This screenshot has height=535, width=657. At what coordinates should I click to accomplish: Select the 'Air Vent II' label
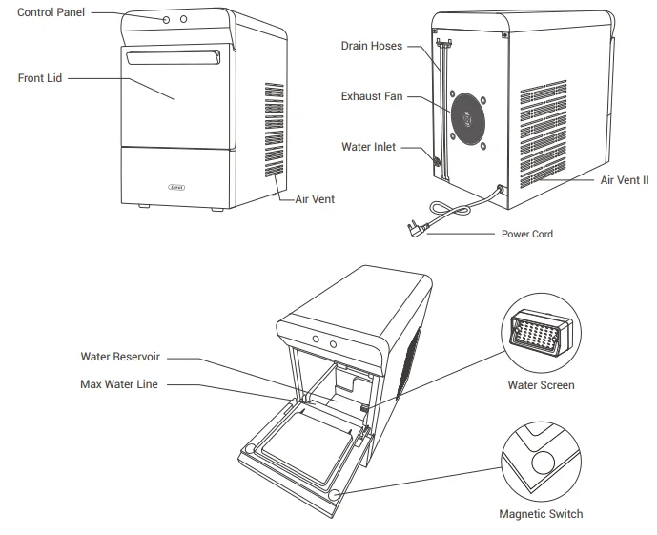[x=625, y=178]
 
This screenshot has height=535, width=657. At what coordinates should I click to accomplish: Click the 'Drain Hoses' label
[x=370, y=45]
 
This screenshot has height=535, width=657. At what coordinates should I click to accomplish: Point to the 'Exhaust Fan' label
[x=370, y=96]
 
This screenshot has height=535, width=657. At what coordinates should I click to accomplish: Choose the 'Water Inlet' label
[x=369, y=148]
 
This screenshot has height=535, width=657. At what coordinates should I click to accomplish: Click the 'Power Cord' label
[x=526, y=233]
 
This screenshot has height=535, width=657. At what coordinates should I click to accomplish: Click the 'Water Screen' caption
[x=541, y=387]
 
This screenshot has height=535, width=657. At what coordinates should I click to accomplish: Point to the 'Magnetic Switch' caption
[x=541, y=514]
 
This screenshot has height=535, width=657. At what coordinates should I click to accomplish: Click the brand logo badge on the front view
[x=177, y=188]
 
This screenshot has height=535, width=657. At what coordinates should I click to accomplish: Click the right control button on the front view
[x=184, y=19]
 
